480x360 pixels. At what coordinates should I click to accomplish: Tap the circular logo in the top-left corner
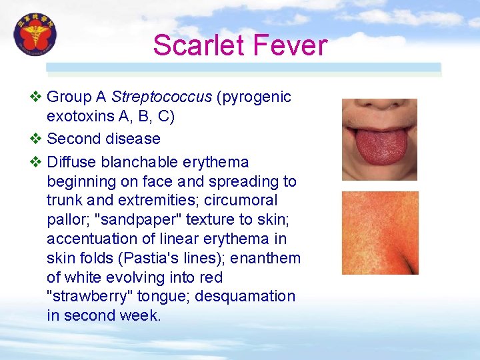coord(35,35)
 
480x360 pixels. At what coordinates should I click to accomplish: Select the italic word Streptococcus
coord(161,97)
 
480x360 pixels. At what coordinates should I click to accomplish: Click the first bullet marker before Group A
coord(37,97)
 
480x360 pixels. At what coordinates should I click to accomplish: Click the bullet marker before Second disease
coord(37,139)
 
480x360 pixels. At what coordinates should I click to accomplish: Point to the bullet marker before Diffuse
coord(37,163)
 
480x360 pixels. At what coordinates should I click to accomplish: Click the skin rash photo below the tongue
coord(380,233)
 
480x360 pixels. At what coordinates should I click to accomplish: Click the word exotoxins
coord(79,117)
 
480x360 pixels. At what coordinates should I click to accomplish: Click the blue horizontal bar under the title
coord(243,67)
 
